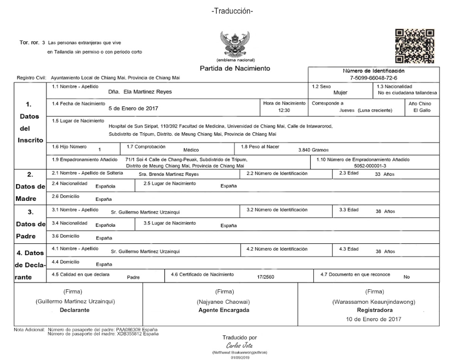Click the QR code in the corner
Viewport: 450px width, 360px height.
pyautogui.click(x=415, y=46)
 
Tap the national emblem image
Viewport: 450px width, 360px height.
pyautogui.click(x=235, y=45)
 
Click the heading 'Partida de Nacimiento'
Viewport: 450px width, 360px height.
pyautogui.click(x=235, y=69)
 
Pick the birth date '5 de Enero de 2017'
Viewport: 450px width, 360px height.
pyautogui.click(x=133, y=108)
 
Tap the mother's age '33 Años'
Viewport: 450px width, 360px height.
pyautogui.click(x=385, y=174)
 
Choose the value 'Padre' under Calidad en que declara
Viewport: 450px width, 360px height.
pyautogui.click(x=133, y=277)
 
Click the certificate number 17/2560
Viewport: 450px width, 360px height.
pyautogui.click(x=265, y=277)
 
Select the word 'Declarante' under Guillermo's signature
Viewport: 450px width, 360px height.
pyautogui.click(x=75, y=310)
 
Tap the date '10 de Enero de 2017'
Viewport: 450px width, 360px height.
pyautogui.click(x=374, y=319)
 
